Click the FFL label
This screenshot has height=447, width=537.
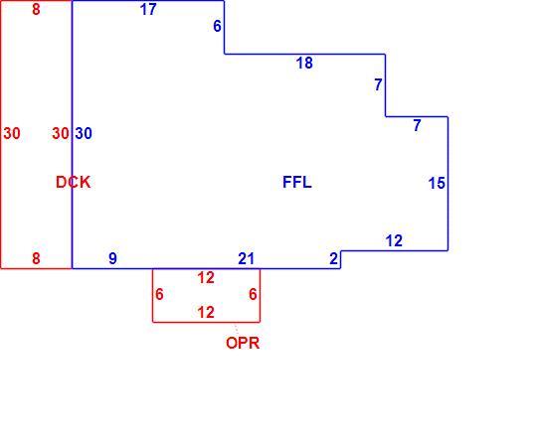click(x=297, y=182)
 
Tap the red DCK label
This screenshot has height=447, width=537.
click(x=73, y=182)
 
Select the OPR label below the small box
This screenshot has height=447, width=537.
click(x=243, y=343)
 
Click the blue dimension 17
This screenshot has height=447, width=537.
click(x=148, y=9)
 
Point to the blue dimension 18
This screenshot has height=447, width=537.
click(x=304, y=63)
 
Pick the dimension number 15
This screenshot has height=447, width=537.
click(x=437, y=183)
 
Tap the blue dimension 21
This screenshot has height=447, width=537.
click(x=247, y=259)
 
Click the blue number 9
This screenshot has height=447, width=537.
click(x=112, y=258)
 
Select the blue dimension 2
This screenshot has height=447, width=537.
click(x=333, y=258)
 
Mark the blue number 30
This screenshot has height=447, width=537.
click(x=84, y=133)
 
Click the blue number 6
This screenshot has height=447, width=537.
click(x=217, y=26)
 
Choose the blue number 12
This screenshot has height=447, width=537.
click(x=394, y=240)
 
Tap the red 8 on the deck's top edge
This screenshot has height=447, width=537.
click(x=36, y=9)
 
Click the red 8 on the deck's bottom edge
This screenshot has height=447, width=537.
click(x=36, y=258)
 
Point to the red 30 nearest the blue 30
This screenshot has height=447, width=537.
click(x=61, y=133)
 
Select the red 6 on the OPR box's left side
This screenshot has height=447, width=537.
click(x=159, y=294)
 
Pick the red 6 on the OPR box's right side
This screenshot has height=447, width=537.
click(x=253, y=294)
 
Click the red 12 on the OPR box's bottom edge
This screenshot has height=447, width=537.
click(x=206, y=312)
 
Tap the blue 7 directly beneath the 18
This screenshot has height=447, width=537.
click(x=378, y=84)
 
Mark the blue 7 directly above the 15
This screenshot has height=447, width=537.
click(x=417, y=125)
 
